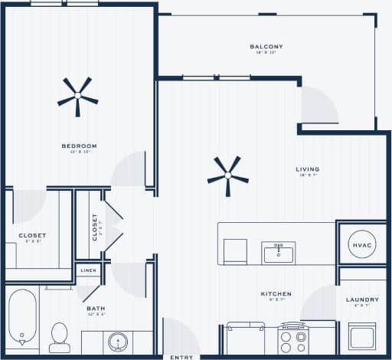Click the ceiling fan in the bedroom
pos(77,96)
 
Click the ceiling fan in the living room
pos(227,176)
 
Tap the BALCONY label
pos(266,47)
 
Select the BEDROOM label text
pos(79,146)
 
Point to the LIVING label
pos(308,169)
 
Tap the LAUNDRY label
pos(362,299)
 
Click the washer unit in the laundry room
pos(361,335)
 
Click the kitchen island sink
pos(279,252)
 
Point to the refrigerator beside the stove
pos(244,338)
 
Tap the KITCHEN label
pos(276,294)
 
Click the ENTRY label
pos(181,357)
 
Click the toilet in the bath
pos(60,337)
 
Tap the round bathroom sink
pos(118,341)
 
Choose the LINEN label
pos(88,271)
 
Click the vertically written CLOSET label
pos(95,227)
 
